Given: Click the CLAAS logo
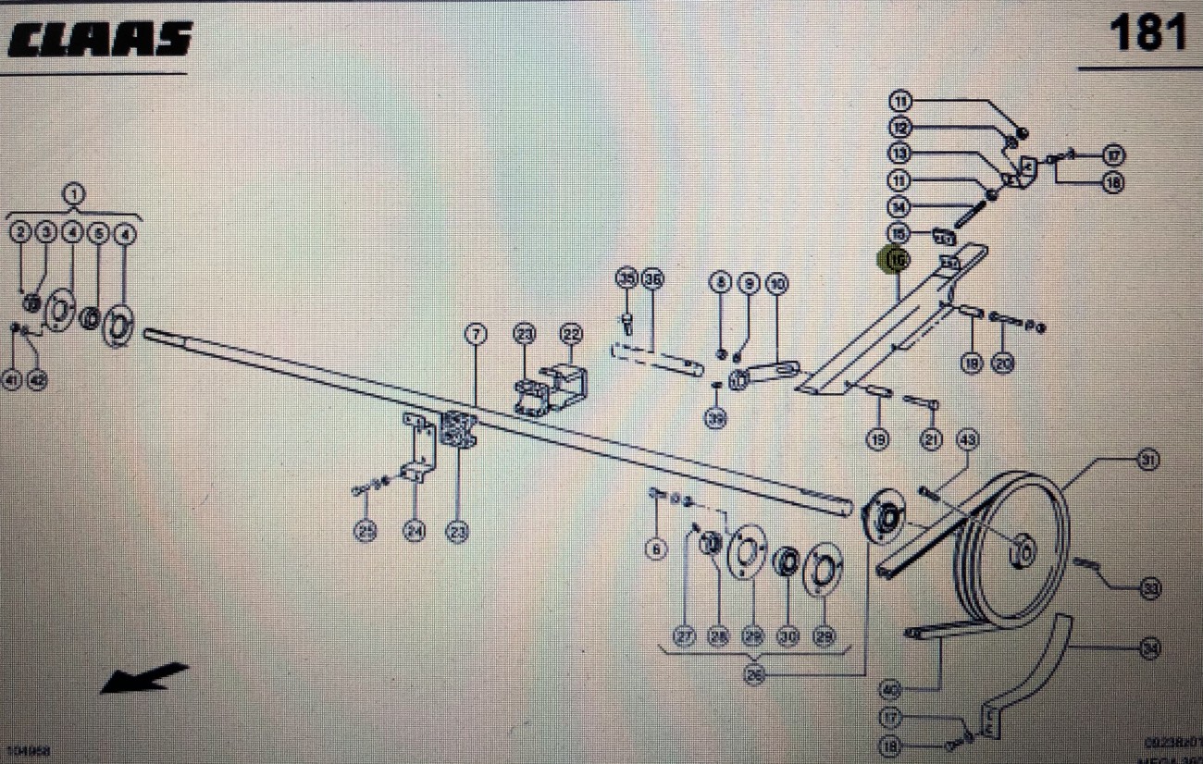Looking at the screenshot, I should (100, 39).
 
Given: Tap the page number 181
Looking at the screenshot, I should (1147, 34).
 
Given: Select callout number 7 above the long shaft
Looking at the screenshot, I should (476, 334).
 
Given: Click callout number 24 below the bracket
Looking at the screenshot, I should (414, 532).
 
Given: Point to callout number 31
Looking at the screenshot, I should (1148, 459).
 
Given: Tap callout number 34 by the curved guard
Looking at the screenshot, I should (1149, 649).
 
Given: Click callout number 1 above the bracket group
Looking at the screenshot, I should (73, 195).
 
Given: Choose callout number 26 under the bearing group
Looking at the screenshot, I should (754, 675).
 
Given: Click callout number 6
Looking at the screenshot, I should (656, 550).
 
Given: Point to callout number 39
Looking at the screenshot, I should (715, 419).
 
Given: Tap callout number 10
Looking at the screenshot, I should (775, 283).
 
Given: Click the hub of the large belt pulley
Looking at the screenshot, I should (1023, 552).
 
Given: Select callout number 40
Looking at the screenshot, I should (890, 690).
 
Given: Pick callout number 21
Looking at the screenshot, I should (932, 439).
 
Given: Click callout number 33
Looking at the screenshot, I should (1150, 588).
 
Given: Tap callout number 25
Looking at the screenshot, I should (366, 532).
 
